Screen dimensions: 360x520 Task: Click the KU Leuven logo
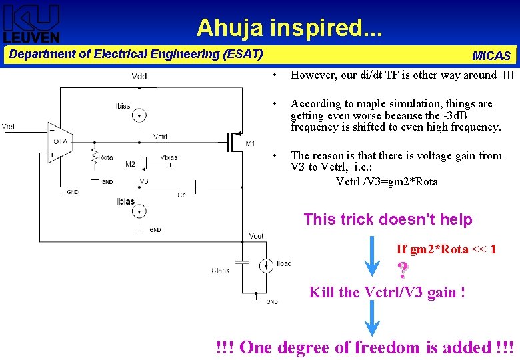pyautogui.click(x=31, y=23)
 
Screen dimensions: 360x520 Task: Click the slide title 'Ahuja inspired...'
pyautogui.click(x=289, y=27)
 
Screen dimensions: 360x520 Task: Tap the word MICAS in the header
pyautogui.click(x=491, y=56)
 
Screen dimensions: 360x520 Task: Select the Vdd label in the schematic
pyautogui.click(x=139, y=76)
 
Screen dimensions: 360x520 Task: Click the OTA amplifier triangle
pyautogui.click(x=59, y=141)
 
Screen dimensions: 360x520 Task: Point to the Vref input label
pyautogui.click(x=9, y=127)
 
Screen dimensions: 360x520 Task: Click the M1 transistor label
pyautogui.click(x=250, y=143)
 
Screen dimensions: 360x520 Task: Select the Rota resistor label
pyautogui.click(x=106, y=157)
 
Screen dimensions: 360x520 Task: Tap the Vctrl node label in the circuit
pyautogui.click(x=160, y=137)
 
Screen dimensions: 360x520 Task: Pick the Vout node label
pyautogui.click(x=256, y=236)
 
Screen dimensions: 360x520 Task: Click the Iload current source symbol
pyautogui.click(x=265, y=264)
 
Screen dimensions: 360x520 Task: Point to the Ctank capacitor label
pyautogui.click(x=220, y=270)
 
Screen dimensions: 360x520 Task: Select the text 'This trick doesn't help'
pyautogui.click(x=387, y=219)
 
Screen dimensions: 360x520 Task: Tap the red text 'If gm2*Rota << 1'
pyautogui.click(x=445, y=249)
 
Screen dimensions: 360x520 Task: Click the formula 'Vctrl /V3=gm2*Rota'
pyautogui.click(x=387, y=181)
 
